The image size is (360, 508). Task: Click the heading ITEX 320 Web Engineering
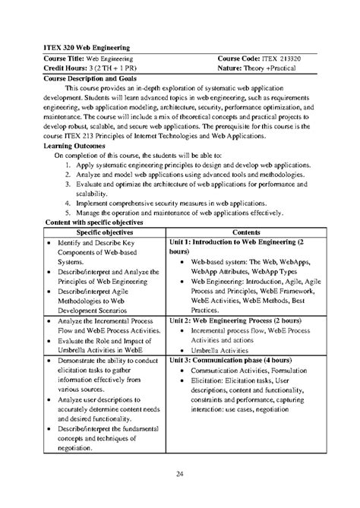click(x=84, y=46)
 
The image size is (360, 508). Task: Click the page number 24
click(x=179, y=475)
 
